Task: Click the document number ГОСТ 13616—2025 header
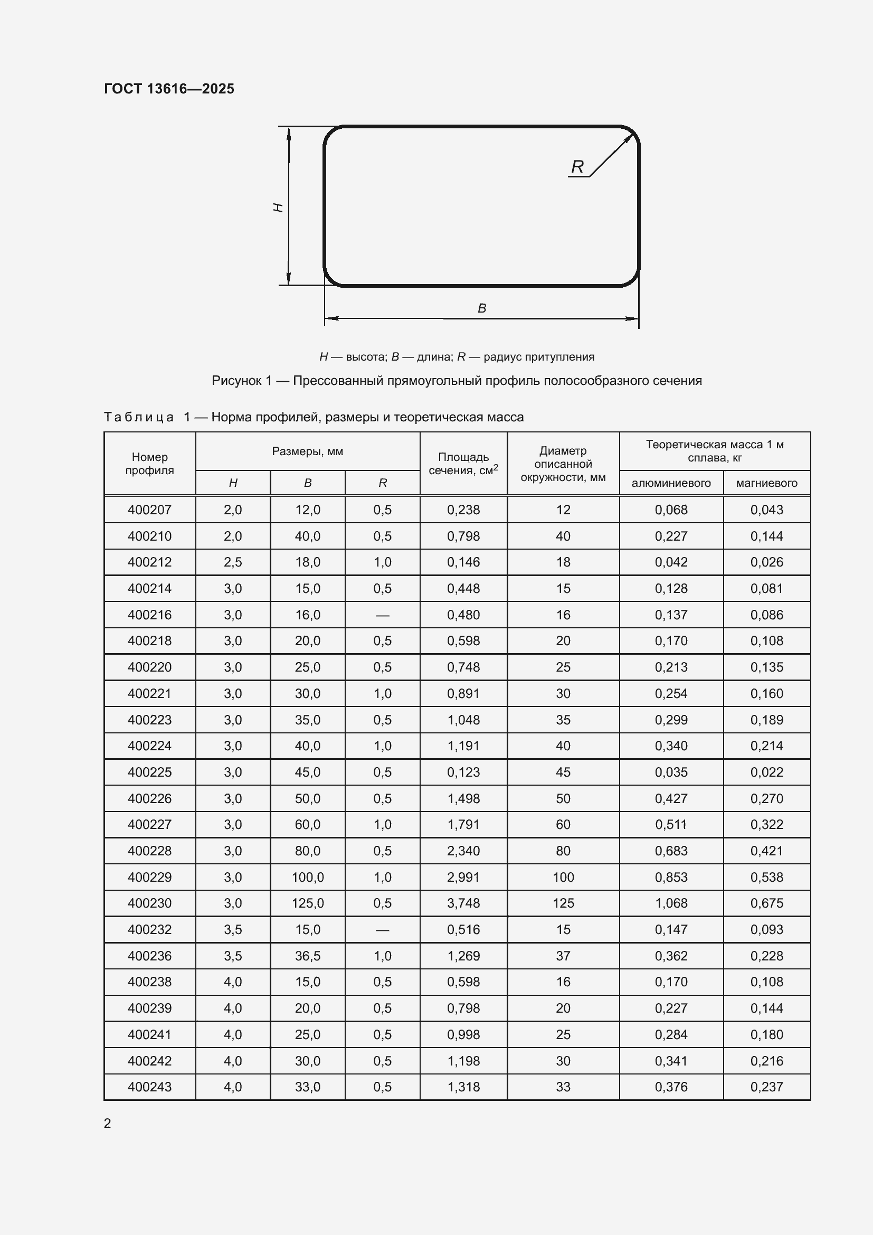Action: [x=169, y=89]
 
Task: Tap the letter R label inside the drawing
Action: [x=577, y=167]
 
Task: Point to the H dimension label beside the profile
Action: [x=279, y=207]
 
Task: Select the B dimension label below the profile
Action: [x=482, y=308]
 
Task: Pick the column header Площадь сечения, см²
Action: [x=463, y=464]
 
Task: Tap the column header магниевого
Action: [x=766, y=483]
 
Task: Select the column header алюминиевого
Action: [x=671, y=483]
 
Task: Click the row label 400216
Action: [x=149, y=615]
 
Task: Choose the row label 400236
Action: [x=149, y=956]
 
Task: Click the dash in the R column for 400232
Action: [x=382, y=930]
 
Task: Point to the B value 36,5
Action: [x=308, y=956]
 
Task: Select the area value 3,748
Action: [x=463, y=903]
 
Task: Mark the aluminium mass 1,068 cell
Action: [x=671, y=903]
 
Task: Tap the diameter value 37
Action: [x=563, y=956]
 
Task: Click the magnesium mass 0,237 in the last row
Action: [x=766, y=1087]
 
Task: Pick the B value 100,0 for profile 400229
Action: [x=308, y=878]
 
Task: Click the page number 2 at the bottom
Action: [x=108, y=1124]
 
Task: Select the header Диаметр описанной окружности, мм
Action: [x=563, y=464]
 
